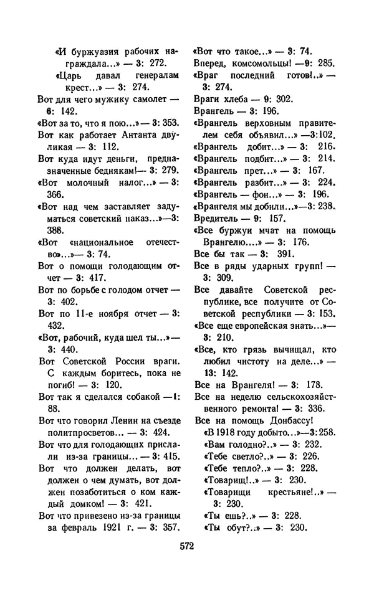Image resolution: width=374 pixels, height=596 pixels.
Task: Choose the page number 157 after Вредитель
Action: point(277,219)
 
